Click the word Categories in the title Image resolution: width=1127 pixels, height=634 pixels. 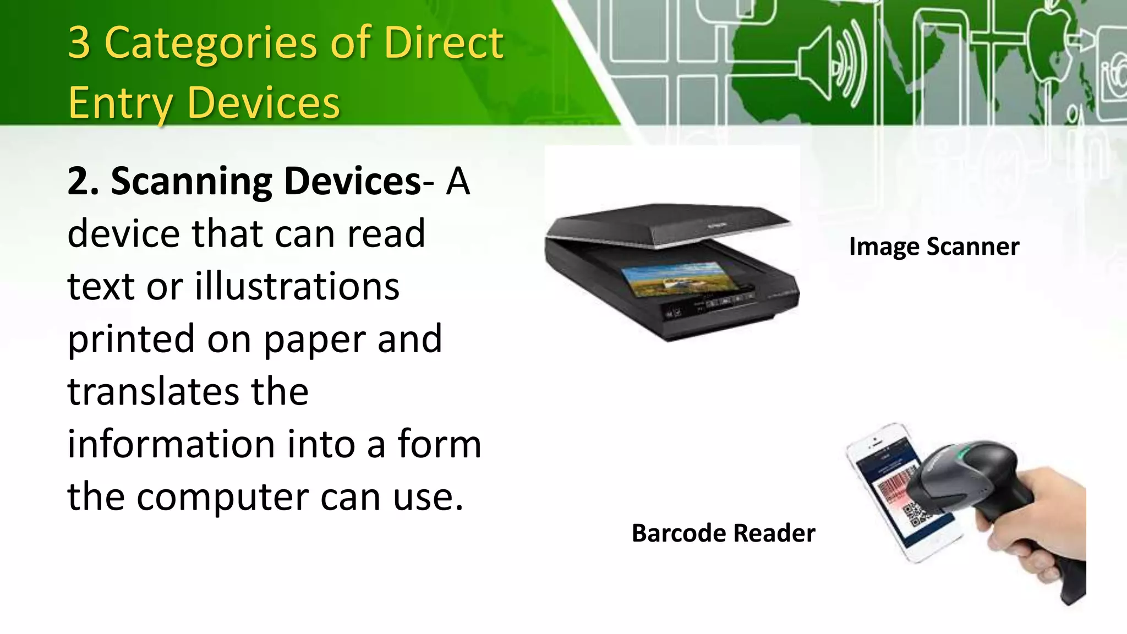coord(211,43)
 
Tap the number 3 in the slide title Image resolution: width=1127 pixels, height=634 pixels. coord(80,43)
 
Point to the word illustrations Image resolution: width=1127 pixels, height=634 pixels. coord(297,287)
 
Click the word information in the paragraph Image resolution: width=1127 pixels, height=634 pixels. coord(171,444)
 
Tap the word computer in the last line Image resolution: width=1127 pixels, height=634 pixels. coord(223,497)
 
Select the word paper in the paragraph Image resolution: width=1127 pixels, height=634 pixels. coord(316,339)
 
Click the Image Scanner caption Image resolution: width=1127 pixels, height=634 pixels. coord(934,247)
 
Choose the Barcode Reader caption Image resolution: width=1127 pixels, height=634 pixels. coord(723,533)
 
